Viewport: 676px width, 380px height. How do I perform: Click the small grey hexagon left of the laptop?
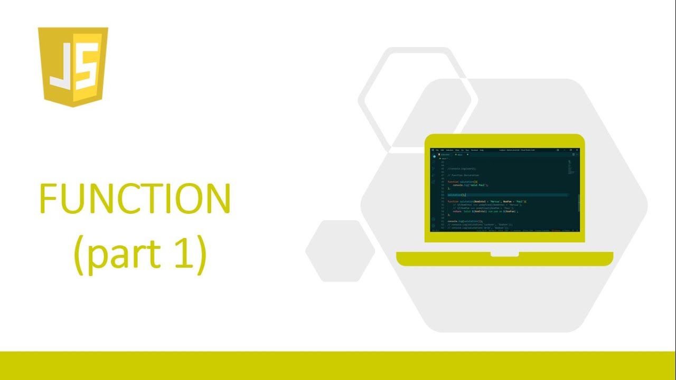(340, 251)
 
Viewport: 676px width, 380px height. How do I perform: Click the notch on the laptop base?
(504, 254)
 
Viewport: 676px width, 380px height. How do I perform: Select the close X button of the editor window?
(577, 150)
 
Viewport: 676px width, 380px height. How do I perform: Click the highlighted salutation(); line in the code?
(457, 195)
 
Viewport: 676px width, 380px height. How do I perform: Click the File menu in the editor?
(437, 150)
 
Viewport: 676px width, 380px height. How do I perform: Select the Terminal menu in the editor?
(474, 150)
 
